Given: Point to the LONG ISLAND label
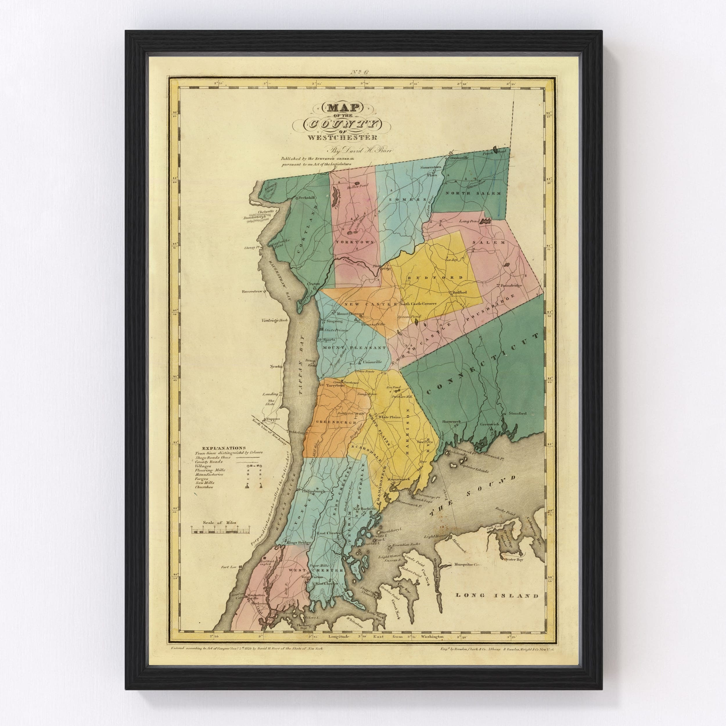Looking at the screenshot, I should tap(497, 606).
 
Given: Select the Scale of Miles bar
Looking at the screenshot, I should tap(220, 530).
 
